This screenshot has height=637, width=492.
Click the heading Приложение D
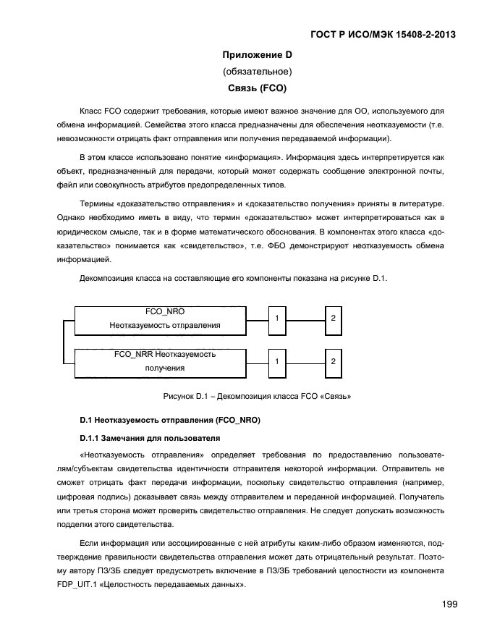(256, 55)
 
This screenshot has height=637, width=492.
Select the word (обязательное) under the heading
(256, 72)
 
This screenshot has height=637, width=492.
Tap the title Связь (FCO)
(256, 89)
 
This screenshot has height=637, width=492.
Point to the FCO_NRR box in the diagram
(165, 361)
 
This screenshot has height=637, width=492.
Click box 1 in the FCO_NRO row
(276, 318)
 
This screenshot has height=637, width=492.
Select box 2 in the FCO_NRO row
(332, 318)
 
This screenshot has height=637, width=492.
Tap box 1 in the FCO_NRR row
(276, 360)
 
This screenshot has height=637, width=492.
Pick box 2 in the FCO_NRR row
(332, 360)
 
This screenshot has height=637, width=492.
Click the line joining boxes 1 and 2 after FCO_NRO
(305, 318)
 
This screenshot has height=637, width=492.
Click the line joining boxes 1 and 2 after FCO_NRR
(305, 360)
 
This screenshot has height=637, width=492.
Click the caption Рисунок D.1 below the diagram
(256, 396)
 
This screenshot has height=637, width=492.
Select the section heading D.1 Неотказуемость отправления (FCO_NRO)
(169, 420)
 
